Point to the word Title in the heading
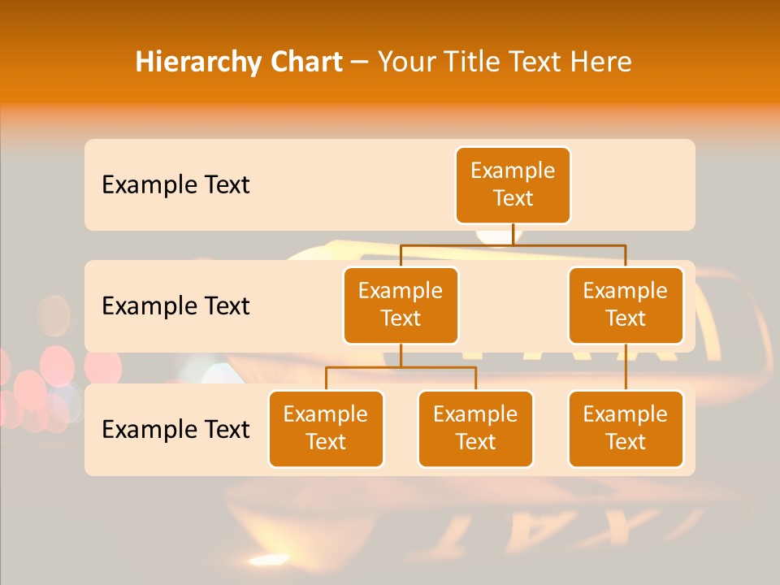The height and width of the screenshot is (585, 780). (472, 62)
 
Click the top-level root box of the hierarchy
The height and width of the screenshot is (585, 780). (513, 184)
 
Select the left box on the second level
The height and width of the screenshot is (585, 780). (401, 305)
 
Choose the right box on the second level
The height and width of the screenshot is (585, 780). (626, 305)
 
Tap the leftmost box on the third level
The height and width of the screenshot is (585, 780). (326, 428)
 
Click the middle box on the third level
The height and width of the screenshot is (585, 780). (475, 428)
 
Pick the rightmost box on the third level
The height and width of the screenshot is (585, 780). (626, 428)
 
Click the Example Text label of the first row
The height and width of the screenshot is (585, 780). (175, 184)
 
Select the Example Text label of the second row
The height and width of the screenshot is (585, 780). (175, 305)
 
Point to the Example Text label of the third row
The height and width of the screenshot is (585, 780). (175, 429)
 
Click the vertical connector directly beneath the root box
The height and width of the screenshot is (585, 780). (513, 234)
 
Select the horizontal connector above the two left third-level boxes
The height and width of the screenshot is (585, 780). (401, 367)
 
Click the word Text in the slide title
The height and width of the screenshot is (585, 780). (539, 62)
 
